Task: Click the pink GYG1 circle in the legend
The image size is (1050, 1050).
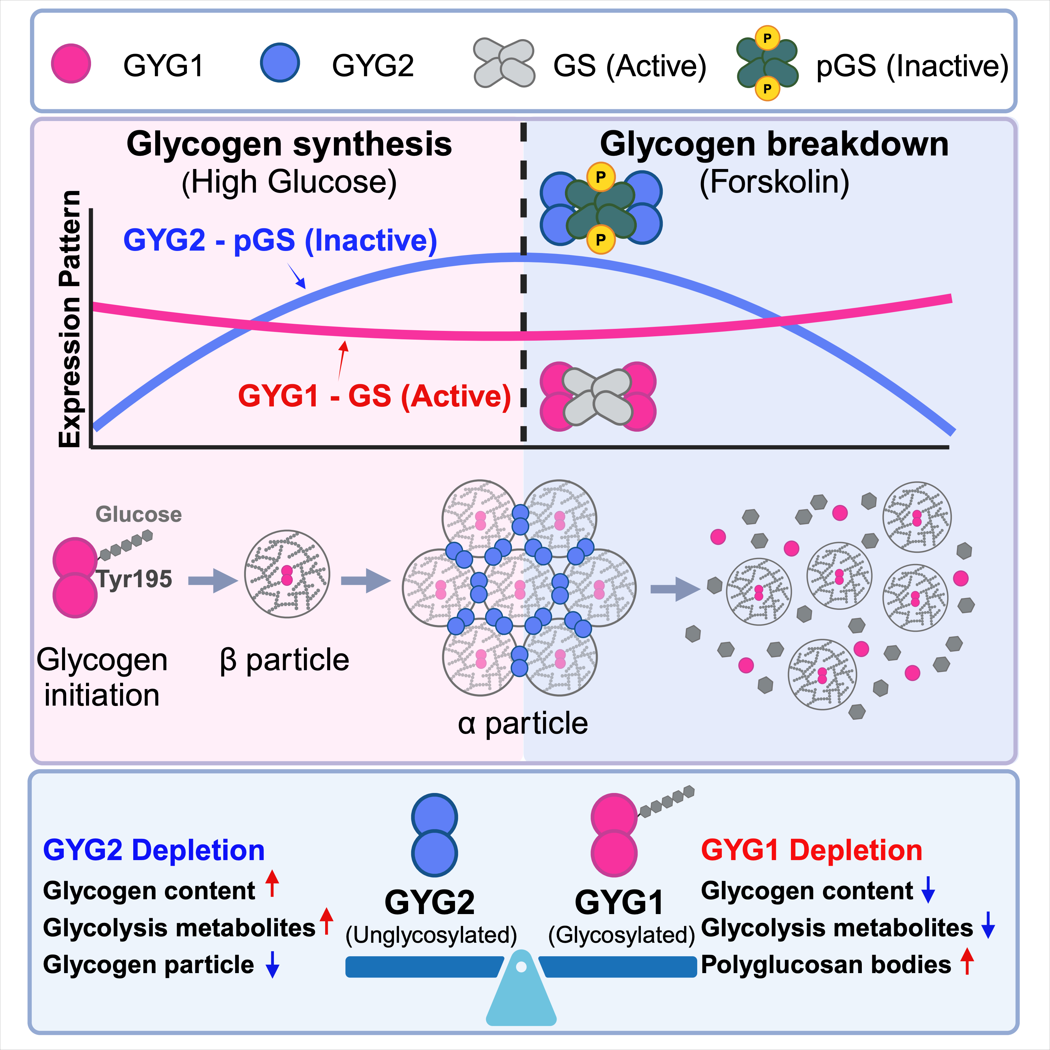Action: click(70, 64)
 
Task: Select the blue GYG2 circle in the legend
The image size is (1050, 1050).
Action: click(280, 64)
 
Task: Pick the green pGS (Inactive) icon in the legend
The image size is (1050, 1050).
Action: click(767, 64)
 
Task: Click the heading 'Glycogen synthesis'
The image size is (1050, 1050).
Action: click(289, 145)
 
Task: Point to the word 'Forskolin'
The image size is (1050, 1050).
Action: click(774, 182)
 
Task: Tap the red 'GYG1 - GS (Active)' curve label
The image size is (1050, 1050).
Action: click(374, 396)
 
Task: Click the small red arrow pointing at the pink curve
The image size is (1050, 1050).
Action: click(342, 360)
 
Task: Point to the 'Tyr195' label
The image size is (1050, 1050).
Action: click(134, 579)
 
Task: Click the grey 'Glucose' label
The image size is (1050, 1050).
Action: click(139, 514)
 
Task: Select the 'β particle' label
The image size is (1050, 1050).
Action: click(284, 660)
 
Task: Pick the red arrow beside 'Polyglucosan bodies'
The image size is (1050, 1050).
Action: click(967, 961)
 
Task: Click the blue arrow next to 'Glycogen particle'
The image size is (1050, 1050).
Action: click(272, 965)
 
